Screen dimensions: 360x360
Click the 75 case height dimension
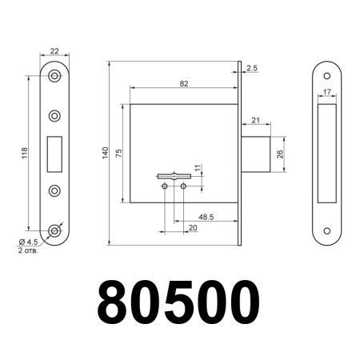(118, 152)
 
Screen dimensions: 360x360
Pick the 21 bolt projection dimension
(255, 120)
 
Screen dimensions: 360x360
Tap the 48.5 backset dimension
(204, 216)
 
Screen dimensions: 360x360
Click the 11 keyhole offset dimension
(197, 169)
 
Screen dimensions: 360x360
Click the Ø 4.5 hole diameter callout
(29, 242)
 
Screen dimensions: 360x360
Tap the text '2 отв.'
(29, 251)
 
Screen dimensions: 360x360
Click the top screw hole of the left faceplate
(54, 77)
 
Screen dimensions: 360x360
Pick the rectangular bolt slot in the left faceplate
(54, 153)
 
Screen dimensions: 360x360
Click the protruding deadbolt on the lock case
(256, 154)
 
